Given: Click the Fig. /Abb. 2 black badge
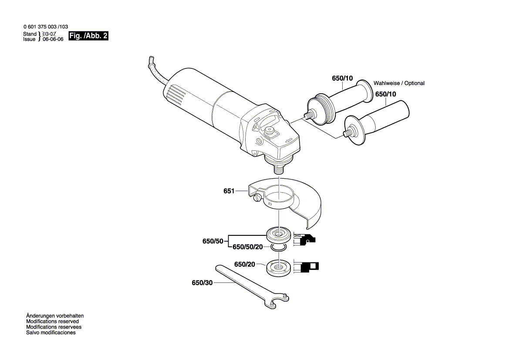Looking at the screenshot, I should pos(88,36).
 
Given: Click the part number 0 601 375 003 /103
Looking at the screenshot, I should pos(45,27).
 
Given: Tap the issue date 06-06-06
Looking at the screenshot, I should pos(53,39).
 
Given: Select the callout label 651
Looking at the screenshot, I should pos(229,191).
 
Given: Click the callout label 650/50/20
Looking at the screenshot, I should pos(247,247).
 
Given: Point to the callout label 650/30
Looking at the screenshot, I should pos(202,283).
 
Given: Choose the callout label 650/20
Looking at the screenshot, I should pos(244,264).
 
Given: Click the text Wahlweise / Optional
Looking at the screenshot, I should pos(399,83).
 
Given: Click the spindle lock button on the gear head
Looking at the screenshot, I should pos(270,129).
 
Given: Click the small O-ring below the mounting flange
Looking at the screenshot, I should pos(278,248).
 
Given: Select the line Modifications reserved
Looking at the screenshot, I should pos(52,321).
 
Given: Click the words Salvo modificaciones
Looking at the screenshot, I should pos(51,333).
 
